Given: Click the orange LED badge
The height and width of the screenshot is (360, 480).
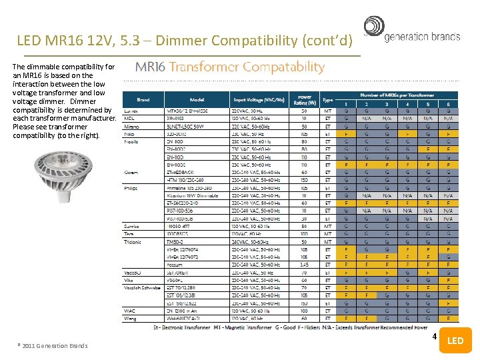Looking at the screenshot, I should [x=455, y=341].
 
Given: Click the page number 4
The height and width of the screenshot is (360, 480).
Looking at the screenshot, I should [x=434, y=336].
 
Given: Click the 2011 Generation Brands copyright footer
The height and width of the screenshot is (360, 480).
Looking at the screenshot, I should [x=52, y=345].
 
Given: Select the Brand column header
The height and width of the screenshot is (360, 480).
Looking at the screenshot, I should [x=143, y=99].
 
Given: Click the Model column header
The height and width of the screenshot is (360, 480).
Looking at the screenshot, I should [x=197, y=99].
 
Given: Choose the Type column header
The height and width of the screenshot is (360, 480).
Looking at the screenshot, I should [x=327, y=99].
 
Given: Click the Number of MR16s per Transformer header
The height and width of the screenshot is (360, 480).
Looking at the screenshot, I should [x=397, y=95].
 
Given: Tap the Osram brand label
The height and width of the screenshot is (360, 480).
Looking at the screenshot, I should [x=131, y=172].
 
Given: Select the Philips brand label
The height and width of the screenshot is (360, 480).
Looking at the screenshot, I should [x=131, y=189].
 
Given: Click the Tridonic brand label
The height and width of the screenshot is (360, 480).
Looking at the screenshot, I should [x=132, y=241].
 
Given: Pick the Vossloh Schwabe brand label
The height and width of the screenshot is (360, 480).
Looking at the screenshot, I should [x=142, y=287].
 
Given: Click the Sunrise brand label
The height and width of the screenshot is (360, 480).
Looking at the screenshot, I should [x=132, y=226].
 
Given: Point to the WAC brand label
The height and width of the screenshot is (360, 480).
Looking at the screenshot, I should [x=129, y=311].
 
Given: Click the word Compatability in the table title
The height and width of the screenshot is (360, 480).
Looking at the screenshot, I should [x=283, y=67].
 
